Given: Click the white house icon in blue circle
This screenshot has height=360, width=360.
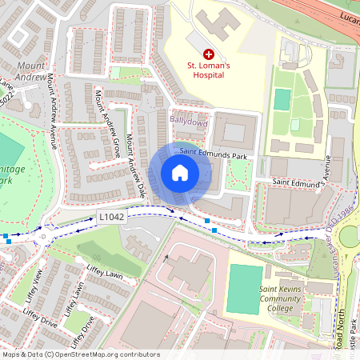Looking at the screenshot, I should (x=180, y=172).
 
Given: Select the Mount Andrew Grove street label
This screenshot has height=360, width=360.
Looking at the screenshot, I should (x=108, y=123).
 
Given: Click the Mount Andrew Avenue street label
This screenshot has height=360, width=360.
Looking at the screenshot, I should (x=54, y=112).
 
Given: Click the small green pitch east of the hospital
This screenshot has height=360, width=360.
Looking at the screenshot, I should (x=282, y=100).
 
